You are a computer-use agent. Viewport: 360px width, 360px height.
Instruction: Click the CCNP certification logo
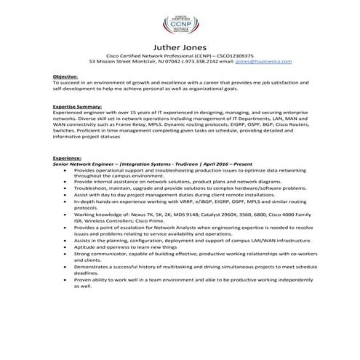point(180,21)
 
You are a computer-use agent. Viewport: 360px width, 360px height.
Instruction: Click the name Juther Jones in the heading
point(180,49)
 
